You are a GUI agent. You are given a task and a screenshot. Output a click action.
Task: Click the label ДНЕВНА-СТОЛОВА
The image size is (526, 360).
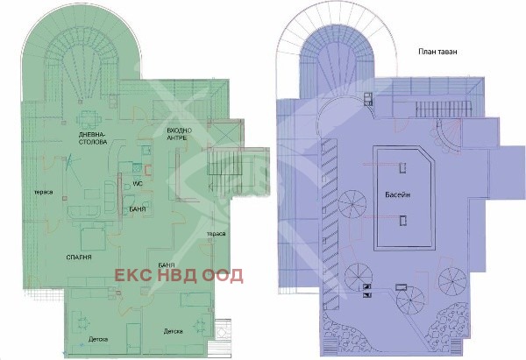(x=93, y=138)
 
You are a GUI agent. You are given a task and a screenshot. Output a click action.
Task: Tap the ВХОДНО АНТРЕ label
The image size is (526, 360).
(x=180, y=134)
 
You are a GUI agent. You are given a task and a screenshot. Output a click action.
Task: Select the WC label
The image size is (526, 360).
(x=138, y=184)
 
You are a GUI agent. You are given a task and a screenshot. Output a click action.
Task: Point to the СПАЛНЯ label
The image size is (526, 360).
(x=79, y=258)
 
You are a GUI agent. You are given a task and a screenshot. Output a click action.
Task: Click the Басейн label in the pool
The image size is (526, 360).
(x=397, y=194)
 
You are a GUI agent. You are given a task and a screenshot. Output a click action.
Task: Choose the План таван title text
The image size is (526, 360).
(x=437, y=52)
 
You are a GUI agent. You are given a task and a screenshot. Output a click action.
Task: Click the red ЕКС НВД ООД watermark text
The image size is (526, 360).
(x=179, y=276)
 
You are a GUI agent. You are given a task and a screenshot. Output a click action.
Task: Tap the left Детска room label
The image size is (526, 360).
(x=98, y=339)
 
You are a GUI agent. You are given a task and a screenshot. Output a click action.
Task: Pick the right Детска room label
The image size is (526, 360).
(x=173, y=331)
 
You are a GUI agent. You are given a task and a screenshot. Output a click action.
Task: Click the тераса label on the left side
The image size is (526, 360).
(x=44, y=192)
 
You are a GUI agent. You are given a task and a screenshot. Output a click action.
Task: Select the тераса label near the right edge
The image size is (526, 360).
(x=216, y=234)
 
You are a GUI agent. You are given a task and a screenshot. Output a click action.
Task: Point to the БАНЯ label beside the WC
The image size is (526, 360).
(x=138, y=209)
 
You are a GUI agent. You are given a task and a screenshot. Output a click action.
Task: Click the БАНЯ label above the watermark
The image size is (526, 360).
(x=167, y=265)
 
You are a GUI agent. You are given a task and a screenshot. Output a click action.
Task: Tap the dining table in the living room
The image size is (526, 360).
(x=89, y=119)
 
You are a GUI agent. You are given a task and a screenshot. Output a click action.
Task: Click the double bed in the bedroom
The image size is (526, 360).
(x=93, y=238)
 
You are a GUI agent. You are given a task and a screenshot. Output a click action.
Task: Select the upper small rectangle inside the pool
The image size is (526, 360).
(x=402, y=167)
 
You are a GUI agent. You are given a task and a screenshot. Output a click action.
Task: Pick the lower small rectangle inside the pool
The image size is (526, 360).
(x=403, y=220)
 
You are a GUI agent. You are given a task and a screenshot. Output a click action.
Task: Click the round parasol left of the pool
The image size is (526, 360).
(x=352, y=204)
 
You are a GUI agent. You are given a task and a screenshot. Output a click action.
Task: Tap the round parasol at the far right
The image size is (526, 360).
(x=452, y=281)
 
